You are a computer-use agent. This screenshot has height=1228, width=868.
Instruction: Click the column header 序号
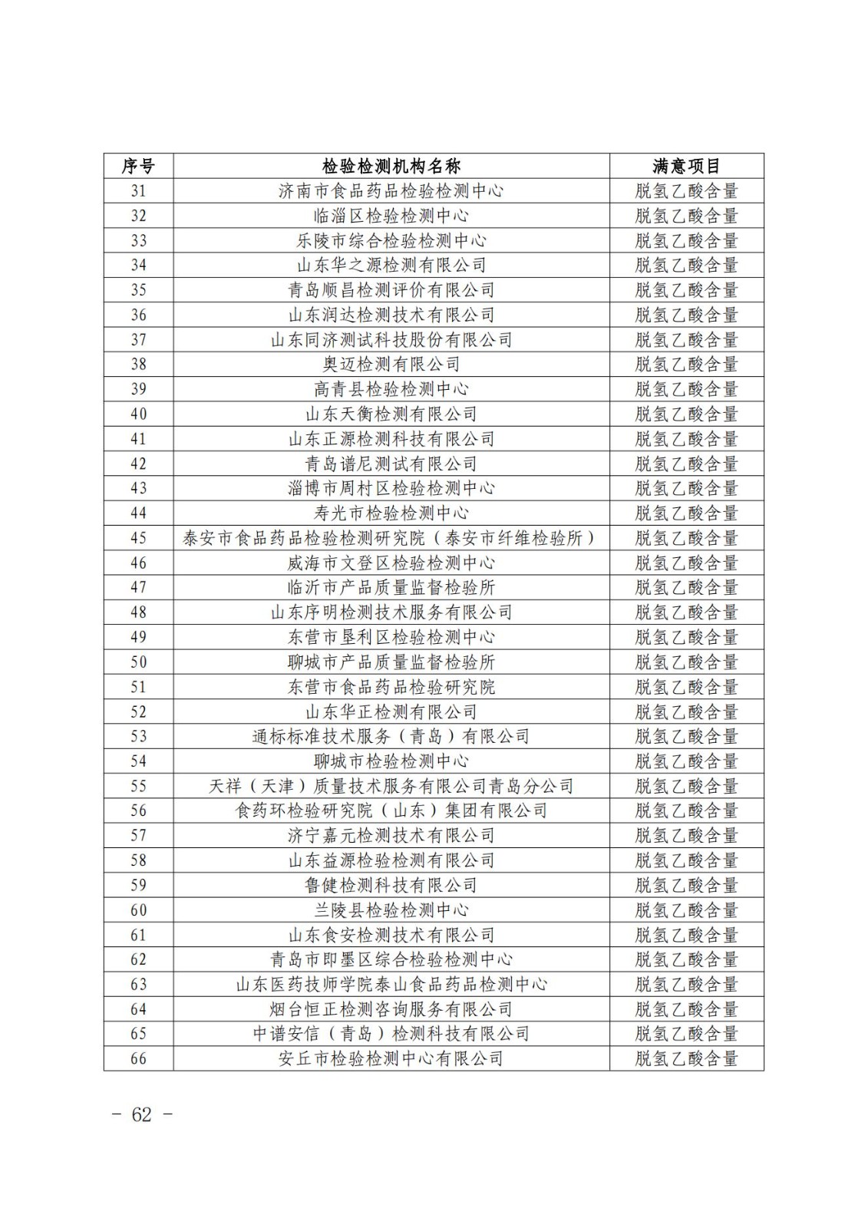pyautogui.click(x=138, y=166)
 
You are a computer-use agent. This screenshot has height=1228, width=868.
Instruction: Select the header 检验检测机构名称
pyautogui.click(x=391, y=166)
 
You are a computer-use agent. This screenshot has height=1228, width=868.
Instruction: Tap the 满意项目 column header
pyautogui.click(x=686, y=166)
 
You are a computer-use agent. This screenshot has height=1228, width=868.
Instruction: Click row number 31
pyautogui.click(x=138, y=191)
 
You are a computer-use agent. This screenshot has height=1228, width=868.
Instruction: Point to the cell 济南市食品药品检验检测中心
pyautogui.click(x=391, y=191)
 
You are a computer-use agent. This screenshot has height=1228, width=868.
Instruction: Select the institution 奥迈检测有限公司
pyautogui.click(x=391, y=365)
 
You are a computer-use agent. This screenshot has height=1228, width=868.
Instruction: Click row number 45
pyautogui.click(x=138, y=538)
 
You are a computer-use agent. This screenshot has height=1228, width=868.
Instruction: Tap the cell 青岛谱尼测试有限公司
pyautogui.click(x=391, y=464)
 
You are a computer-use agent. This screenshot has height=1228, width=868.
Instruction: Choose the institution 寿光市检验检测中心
pyautogui.click(x=391, y=513)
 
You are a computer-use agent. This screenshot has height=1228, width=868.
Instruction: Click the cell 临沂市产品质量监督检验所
pyautogui.click(x=391, y=587)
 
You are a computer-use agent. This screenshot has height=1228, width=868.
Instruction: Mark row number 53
pyautogui.click(x=138, y=736)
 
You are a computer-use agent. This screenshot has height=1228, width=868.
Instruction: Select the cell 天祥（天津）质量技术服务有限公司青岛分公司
pyautogui.click(x=391, y=786)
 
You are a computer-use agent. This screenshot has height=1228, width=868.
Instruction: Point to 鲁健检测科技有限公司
pyautogui.click(x=391, y=885)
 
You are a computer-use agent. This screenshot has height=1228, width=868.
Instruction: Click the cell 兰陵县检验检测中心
pyautogui.click(x=391, y=910)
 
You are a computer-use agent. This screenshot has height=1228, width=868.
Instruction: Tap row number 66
pyautogui.click(x=138, y=1058)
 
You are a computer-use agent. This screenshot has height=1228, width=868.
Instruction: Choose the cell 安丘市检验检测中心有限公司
pyautogui.click(x=391, y=1058)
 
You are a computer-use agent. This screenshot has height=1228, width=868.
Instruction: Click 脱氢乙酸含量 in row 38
pyautogui.click(x=686, y=365)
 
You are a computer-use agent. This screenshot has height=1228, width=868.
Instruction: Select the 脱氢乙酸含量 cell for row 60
pyautogui.click(x=686, y=910)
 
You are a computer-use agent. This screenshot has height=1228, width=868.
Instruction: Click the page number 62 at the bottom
pyautogui.click(x=142, y=1115)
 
